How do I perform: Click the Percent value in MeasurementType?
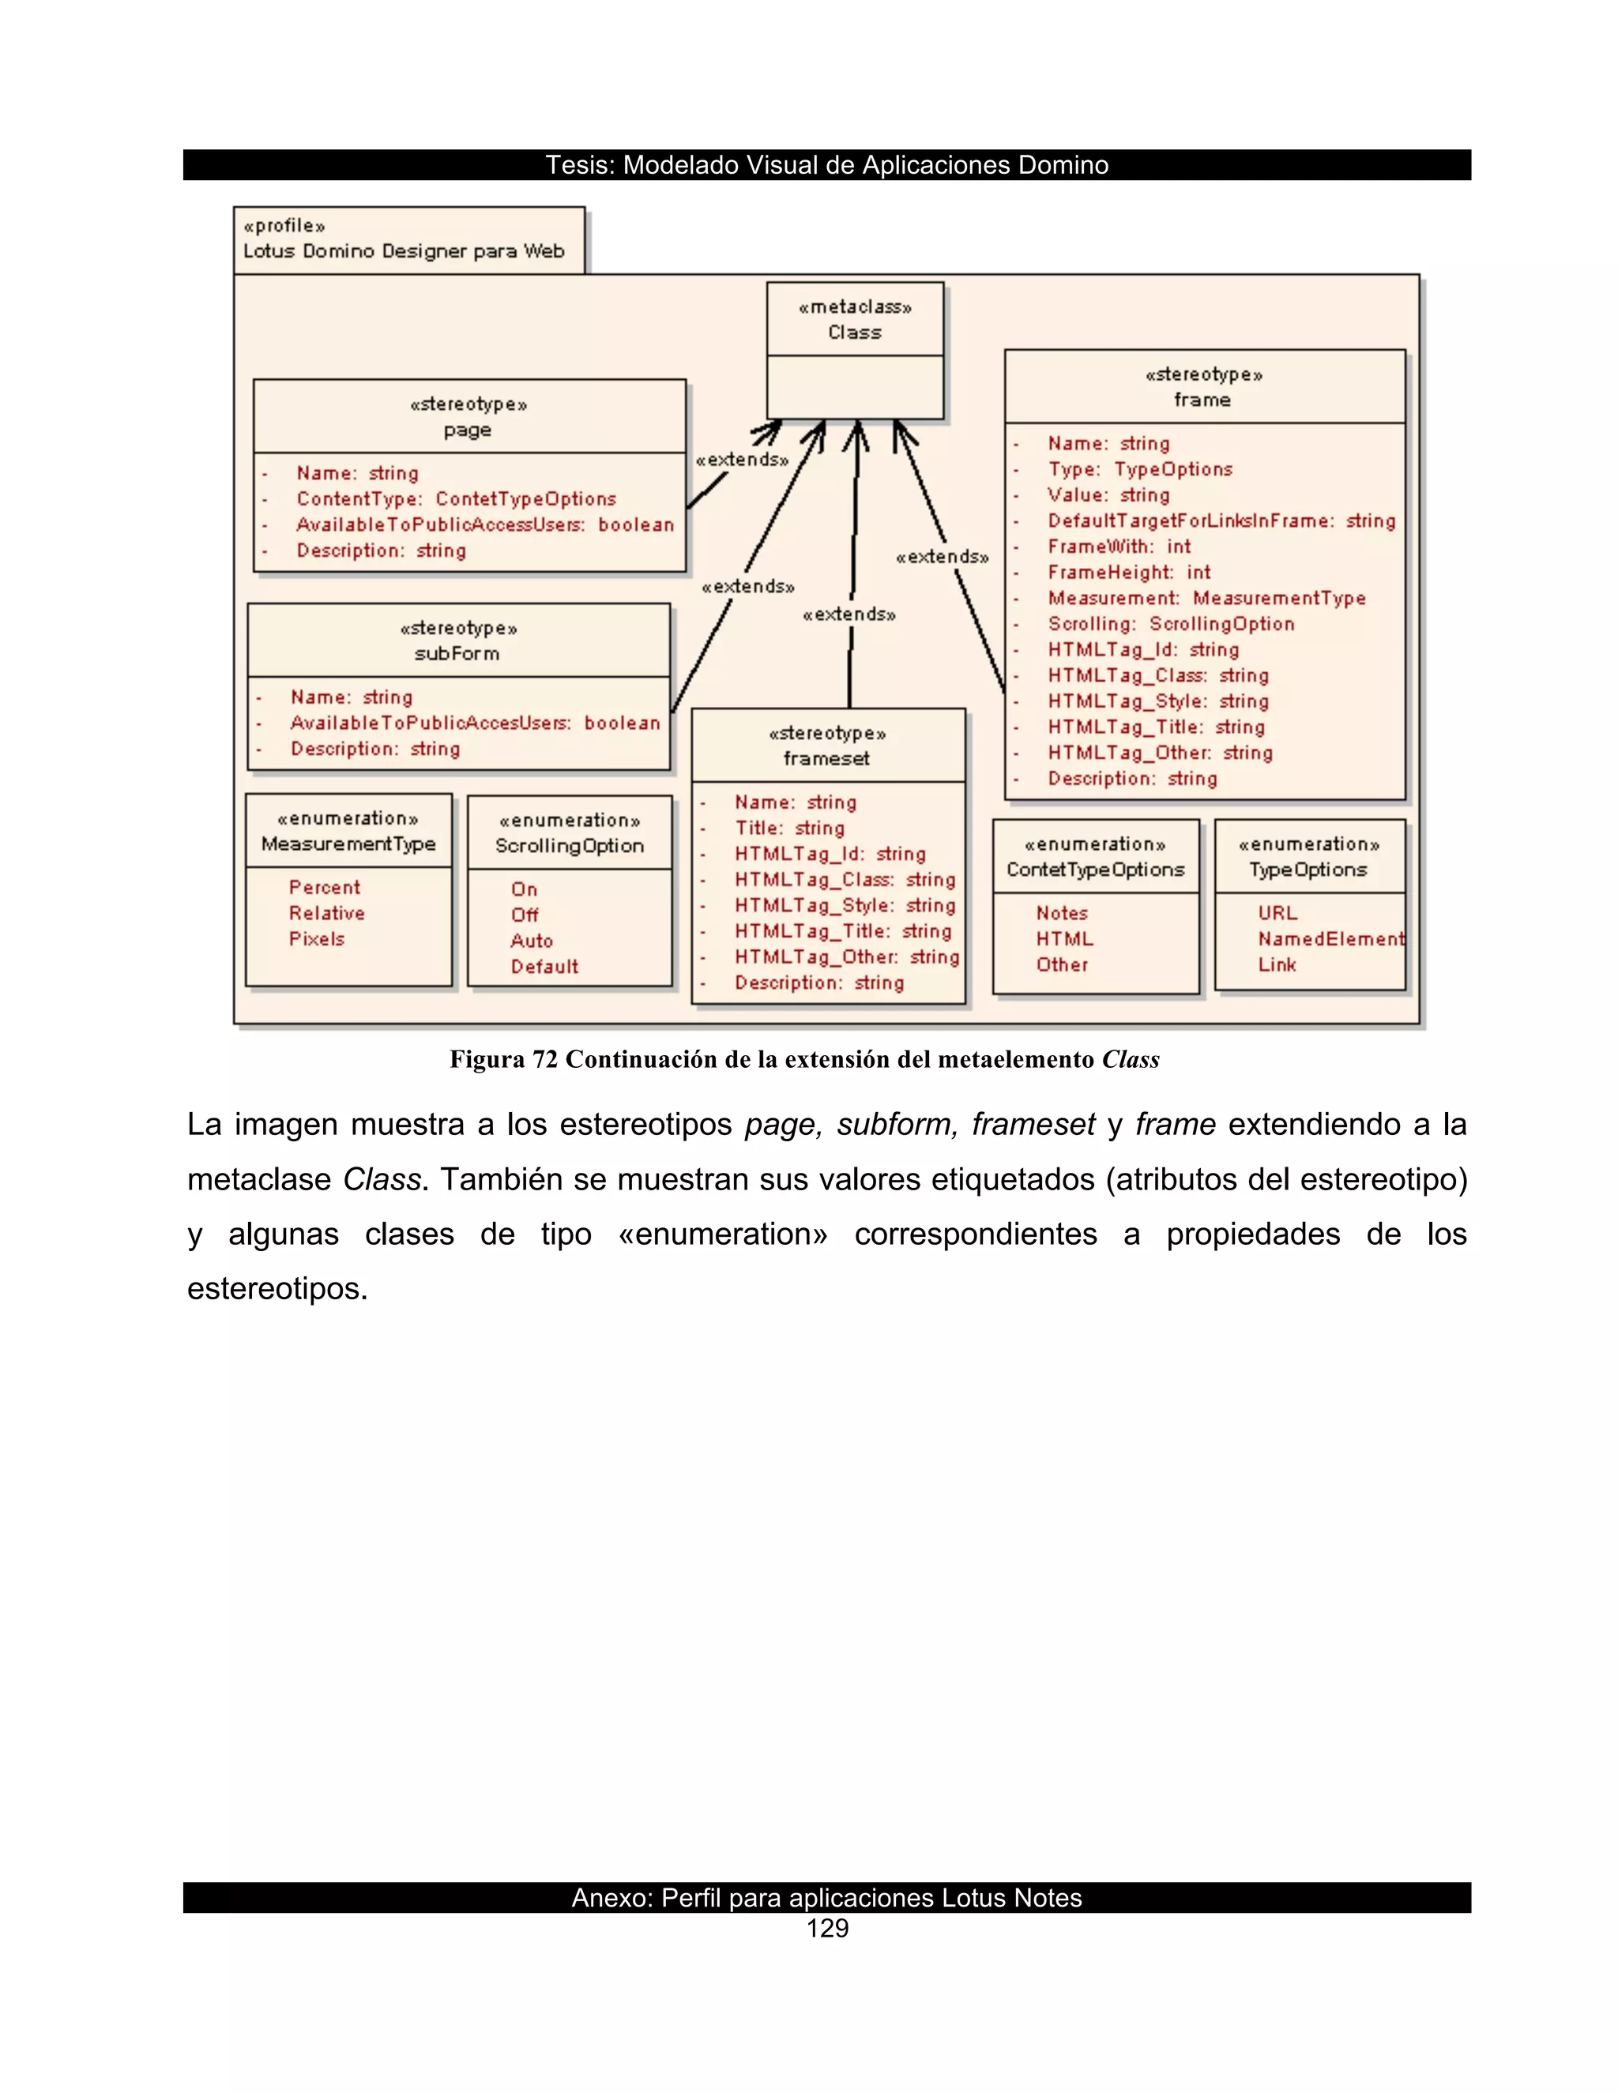coord(324,889)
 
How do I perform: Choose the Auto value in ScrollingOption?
coord(531,941)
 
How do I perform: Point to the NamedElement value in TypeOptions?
coord(1330,940)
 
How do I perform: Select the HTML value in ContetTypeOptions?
coord(1064,940)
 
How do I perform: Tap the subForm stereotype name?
coord(457,655)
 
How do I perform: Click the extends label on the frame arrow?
coord(943,558)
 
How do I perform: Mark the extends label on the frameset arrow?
coord(849,615)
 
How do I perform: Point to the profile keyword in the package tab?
coord(284,226)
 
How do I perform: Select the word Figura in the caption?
coord(487,1060)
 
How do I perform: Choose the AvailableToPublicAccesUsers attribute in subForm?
coord(475,723)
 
